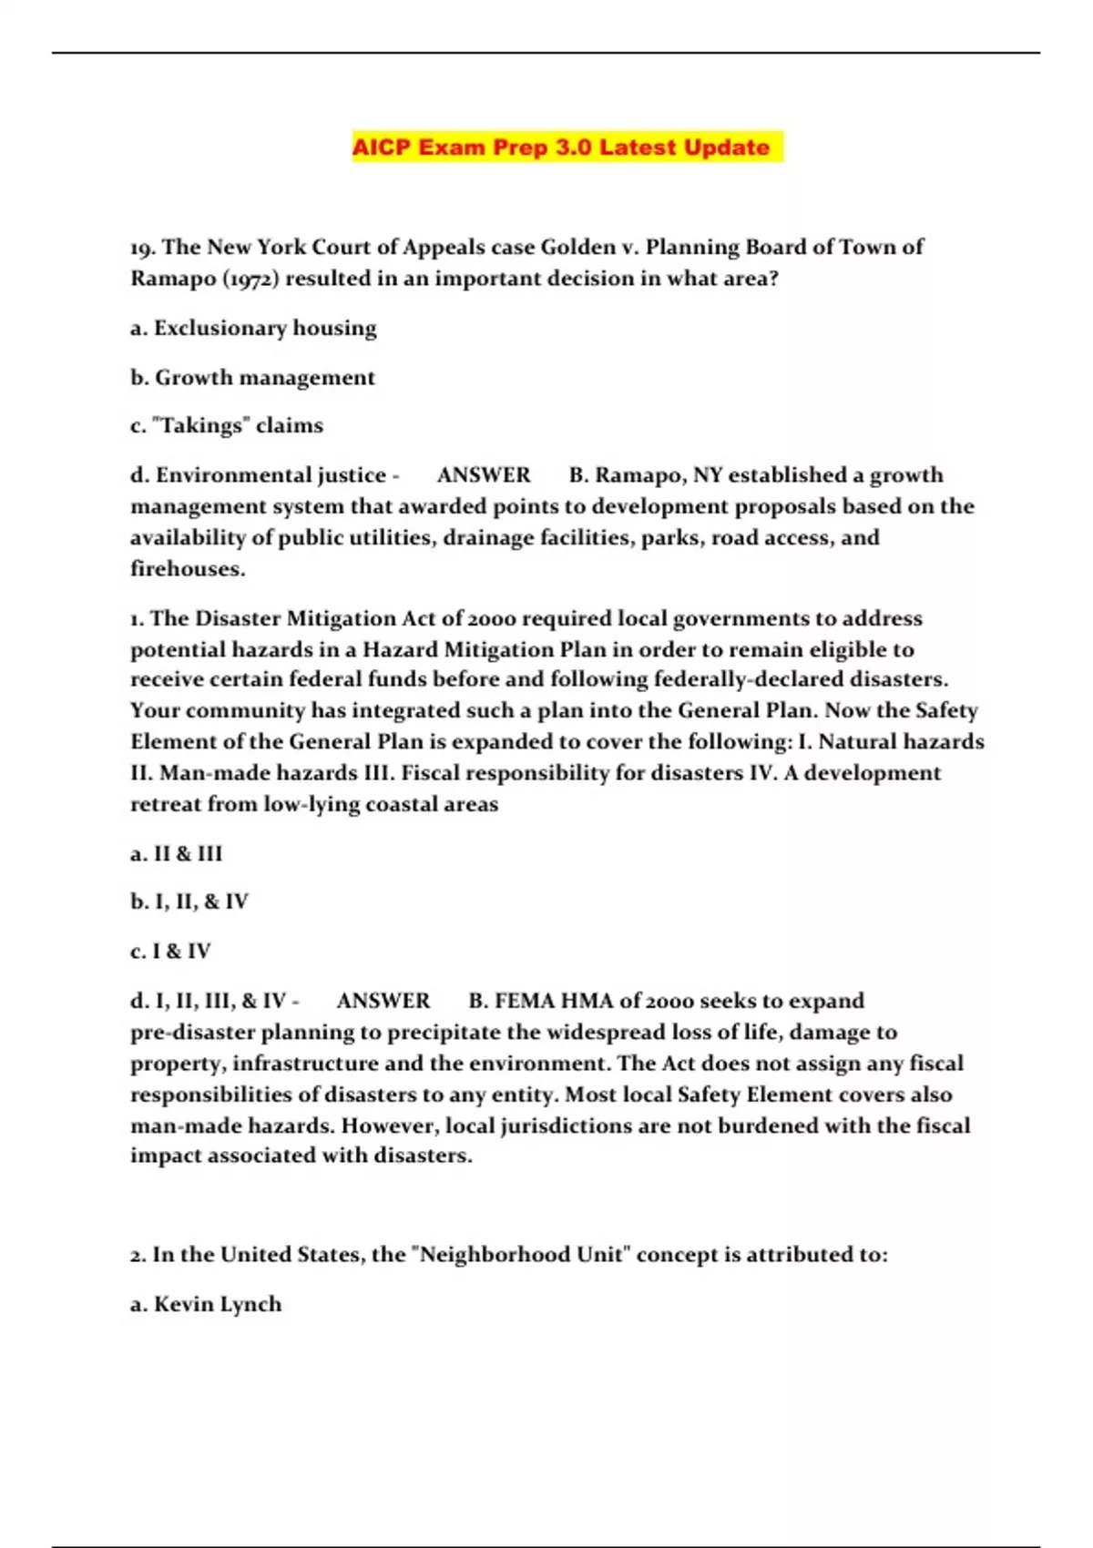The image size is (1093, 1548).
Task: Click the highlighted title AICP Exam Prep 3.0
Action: (561, 147)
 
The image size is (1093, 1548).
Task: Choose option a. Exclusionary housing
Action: (253, 328)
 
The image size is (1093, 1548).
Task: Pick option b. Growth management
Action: (252, 377)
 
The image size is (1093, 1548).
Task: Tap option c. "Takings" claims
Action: (227, 425)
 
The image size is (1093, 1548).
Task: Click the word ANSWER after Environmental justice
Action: (484, 475)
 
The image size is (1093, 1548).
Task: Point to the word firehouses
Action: (188, 569)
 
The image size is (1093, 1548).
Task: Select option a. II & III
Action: (177, 854)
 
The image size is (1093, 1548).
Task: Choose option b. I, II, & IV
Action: (189, 901)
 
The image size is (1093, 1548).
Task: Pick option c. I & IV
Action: (170, 952)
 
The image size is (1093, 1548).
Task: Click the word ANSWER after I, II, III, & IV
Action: (383, 1001)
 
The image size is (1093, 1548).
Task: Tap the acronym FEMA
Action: (524, 1001)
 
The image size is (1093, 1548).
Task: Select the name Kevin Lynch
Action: (218, 1304)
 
